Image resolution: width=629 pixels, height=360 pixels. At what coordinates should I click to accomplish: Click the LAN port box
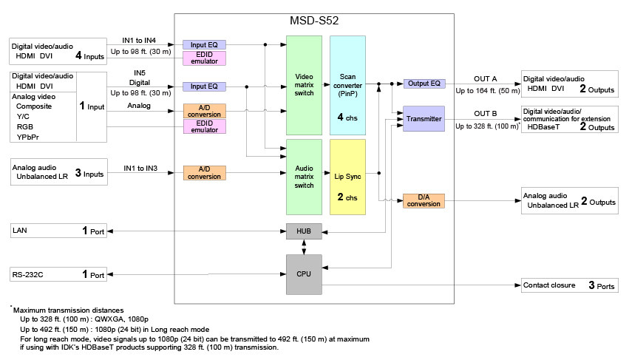coord(58,231)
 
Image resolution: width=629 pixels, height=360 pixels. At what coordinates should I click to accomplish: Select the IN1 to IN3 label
coord(140,169)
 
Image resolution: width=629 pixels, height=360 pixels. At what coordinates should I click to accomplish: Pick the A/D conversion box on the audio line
coord(205,173)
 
